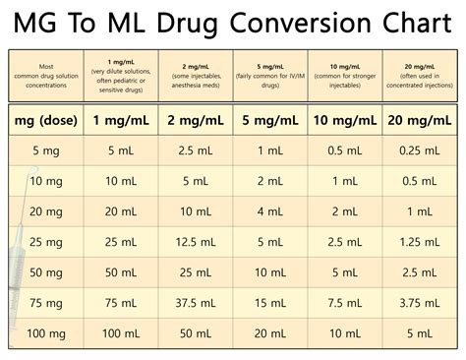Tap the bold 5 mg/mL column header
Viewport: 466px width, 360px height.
click(x=270, y=121)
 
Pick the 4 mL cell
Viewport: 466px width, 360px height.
click(x=270, y=211)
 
